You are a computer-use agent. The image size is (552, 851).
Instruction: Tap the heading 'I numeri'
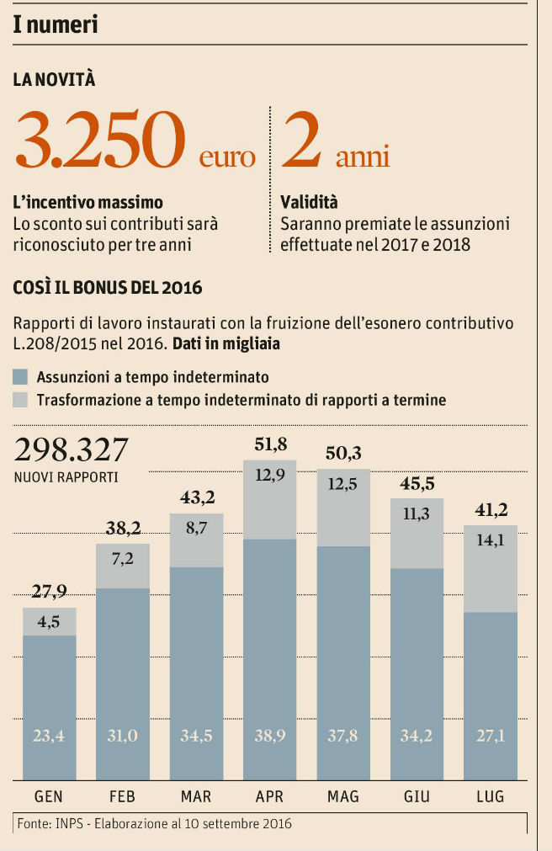click(x=56, y=24)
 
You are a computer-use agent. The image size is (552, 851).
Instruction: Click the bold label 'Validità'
click(x=309, y=203)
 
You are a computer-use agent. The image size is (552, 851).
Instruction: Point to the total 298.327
click(x=71, y=451)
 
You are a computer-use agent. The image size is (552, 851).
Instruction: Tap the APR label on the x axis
click(x=270, y=797)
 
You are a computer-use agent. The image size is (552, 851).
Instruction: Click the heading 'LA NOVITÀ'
click(x=55, y=80)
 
